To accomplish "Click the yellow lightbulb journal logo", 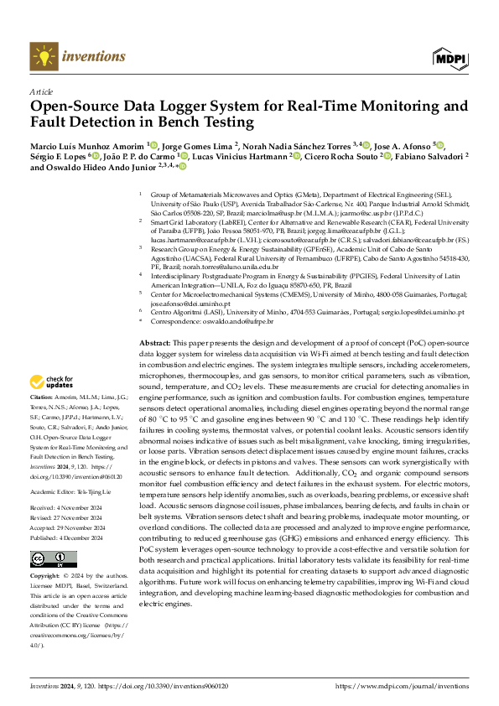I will click(42, 56).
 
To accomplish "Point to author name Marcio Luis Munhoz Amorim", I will click(86, 144).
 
